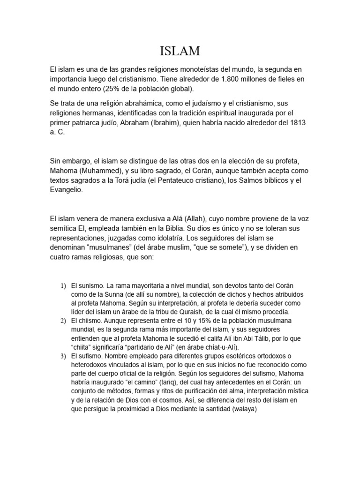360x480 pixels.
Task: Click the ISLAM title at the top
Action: pyautogui.click(x=180, y=50)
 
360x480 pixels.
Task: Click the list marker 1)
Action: pyautogui.click(x=63, y=286)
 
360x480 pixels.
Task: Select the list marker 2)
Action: pyautogui.click(x=63, y=321)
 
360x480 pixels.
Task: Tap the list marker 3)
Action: pyautogui.click(x=63, y=357)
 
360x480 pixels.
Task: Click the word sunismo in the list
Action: pyautogui.click(x=91, y=285)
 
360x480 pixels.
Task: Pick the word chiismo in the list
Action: pyautogui.click(x=90, y=321)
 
